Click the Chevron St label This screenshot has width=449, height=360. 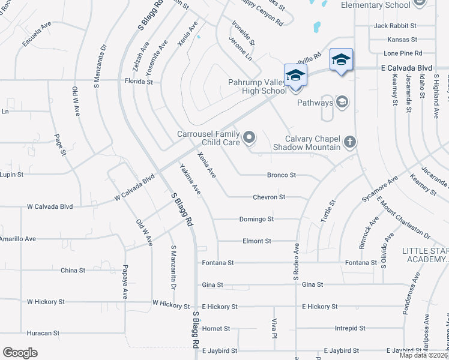point(268,197)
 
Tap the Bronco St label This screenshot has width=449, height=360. point(282,175)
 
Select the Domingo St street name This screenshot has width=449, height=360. point(256,219)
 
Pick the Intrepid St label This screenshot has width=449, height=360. point(351,328)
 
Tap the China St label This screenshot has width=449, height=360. point(73,271)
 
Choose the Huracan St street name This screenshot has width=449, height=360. point(43,332)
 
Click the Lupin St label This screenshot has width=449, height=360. point(11,175)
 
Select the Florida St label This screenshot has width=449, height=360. point(138,81)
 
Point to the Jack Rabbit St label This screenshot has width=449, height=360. point(395,26)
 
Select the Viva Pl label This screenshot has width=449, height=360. point(274,328)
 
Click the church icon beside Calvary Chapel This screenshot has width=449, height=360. point(350,142)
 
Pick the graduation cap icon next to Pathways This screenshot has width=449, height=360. point(342,103)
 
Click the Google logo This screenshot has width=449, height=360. point(20,353)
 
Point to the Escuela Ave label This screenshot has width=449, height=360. point(38,36)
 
